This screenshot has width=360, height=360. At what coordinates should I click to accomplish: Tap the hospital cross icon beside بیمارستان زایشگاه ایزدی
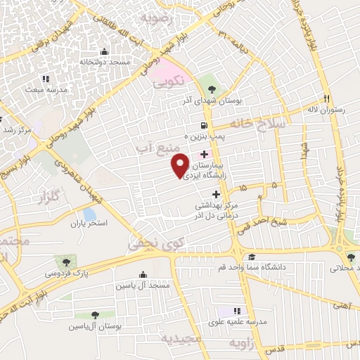click(204, 154)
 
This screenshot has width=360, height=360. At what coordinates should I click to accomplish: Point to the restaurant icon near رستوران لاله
click(326, 98)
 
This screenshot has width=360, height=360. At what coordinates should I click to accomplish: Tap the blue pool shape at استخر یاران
click(89, 213)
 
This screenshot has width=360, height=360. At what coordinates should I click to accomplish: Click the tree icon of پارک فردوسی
click(67, 261)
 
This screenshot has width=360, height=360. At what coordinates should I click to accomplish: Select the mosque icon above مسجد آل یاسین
click(143, 274)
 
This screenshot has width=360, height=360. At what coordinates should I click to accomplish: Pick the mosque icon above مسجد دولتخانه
click(105, 51)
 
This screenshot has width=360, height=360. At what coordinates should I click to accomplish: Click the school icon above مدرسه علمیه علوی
click(237, 310)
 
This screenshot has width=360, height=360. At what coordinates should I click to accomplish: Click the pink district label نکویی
click(169, 81)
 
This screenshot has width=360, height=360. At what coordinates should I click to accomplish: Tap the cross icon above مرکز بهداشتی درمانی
click(216, 193)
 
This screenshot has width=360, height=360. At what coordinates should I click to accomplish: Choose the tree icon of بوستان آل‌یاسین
click(95, 316)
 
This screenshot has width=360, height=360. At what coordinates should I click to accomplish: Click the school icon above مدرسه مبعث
click(46, 79)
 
